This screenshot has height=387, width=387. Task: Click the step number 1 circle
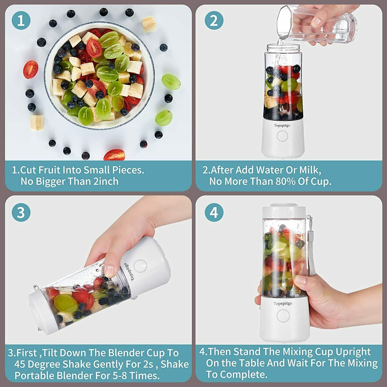[x=21, y=20]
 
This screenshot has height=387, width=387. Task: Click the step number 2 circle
[x=214, y=20]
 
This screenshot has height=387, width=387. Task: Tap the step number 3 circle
[x=21, y=212]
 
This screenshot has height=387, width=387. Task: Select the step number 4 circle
[x=214, y=212]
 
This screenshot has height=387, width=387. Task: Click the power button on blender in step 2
[x=282, y=136]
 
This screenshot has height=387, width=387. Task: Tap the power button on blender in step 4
[x=283, y=316]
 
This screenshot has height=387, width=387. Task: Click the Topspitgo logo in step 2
[x=282, y=125]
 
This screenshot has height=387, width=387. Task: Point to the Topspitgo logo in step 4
[x=283, y=303]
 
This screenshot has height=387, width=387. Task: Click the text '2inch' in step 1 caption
[x=106, y=181]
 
